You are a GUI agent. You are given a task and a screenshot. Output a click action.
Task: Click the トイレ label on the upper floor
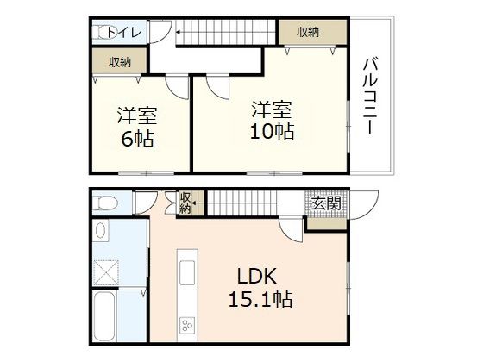click(x=124, y=32)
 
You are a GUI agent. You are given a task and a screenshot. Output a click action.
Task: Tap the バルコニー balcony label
click(x=370, y=96)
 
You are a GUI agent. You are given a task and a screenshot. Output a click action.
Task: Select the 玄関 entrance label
click(x=326, y=203)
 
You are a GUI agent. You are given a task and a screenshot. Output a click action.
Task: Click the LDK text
click(x=257, y=276)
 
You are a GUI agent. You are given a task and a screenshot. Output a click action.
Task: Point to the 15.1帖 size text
click(x=260, y=298)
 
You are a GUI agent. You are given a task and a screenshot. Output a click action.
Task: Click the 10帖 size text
click(x=272, y=131)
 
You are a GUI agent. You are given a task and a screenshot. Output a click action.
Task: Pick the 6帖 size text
click(x=137, y=139)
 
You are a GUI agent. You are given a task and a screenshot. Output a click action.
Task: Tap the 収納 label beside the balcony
click(x=308, y=32)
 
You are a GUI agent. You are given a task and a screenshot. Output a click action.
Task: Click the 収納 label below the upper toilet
click(x=120, y=62)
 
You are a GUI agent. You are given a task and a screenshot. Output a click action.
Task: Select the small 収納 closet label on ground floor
click(x=185, y=203)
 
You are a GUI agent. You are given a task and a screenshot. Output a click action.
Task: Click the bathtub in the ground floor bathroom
click(x=104, y=315)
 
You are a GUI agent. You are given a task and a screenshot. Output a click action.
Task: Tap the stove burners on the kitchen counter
click(x=187, y=325)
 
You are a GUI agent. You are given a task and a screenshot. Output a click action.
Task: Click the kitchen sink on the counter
click(x=187, y=272)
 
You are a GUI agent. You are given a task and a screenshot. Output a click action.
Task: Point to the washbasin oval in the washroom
click(x=100, y=230)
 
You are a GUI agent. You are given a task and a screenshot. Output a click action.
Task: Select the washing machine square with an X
click(x=106, y=272)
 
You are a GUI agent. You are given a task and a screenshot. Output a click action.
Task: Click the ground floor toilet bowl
click(x=105, y=203)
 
